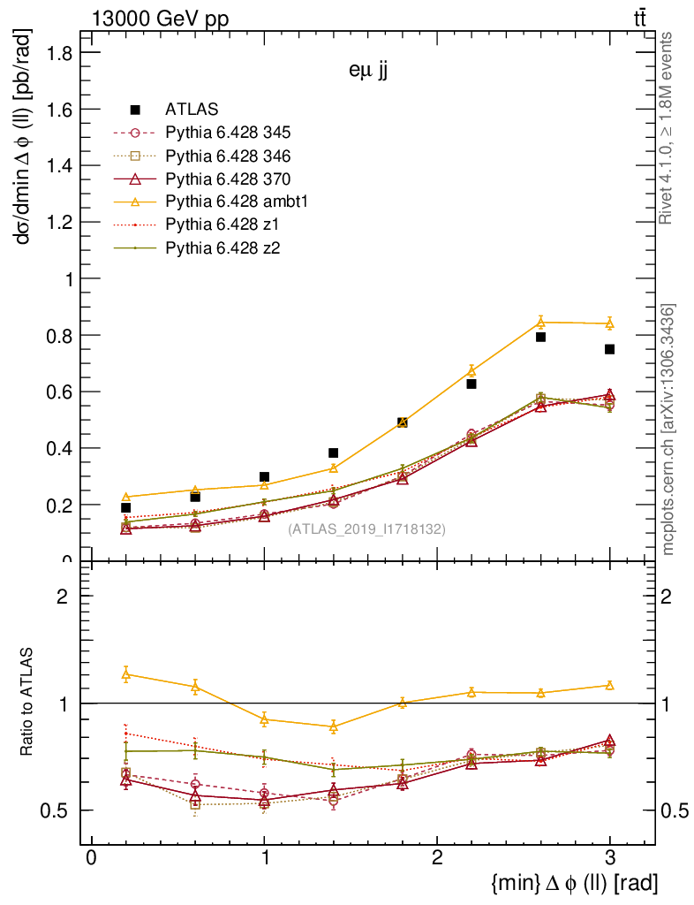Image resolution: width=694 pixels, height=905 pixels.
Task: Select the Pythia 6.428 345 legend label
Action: click(x=228, y=133)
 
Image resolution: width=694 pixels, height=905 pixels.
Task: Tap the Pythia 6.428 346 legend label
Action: click(x=228, y=156)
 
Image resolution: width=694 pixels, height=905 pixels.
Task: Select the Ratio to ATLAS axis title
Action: click(x=27, y=703)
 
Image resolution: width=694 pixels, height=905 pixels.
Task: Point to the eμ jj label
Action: click(x=368, y=72)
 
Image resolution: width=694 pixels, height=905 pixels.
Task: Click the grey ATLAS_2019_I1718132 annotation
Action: click(x=366, y=529)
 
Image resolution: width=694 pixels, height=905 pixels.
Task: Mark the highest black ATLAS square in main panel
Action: click(x=540, y=337)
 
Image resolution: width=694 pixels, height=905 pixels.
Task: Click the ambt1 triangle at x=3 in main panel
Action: click(x=609, y=323)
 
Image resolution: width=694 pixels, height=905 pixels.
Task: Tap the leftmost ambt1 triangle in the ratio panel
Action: click(x=126, y=674)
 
